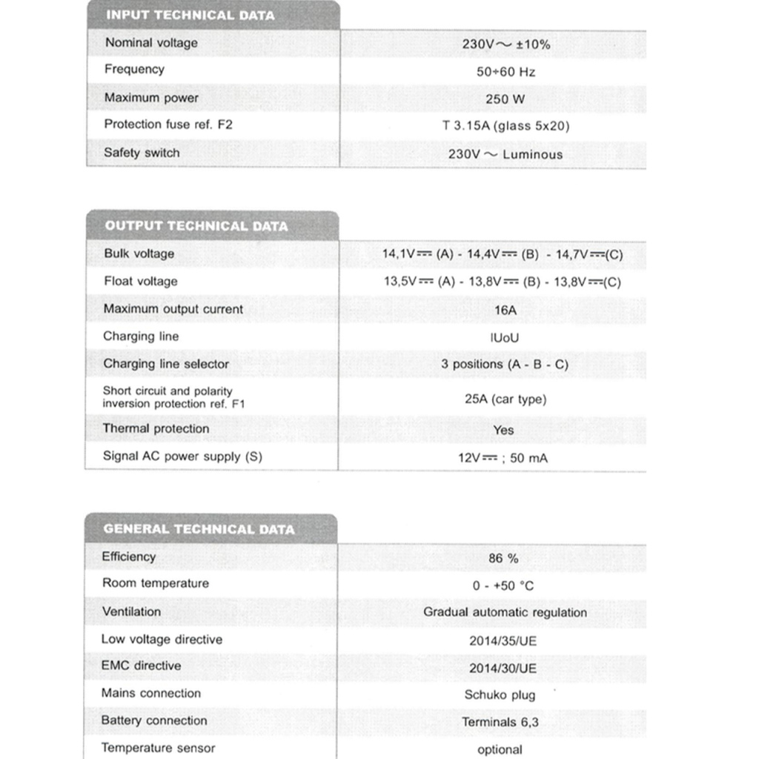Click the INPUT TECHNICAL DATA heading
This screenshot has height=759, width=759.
[x=190, y=15]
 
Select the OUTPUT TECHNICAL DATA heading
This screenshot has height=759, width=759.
[x=196, y=226]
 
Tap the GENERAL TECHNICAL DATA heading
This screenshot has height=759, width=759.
[x=199, y=529]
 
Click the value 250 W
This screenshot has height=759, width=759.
[x=506, y=99]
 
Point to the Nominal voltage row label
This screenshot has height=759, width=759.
[x=151, y=43]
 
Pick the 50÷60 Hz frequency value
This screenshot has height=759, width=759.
[x=506, y=72]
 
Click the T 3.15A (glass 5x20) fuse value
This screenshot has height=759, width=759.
[x=506, y=126]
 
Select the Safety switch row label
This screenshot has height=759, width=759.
[x=142, y=153]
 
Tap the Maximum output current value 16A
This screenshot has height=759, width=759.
[x=506, y=310]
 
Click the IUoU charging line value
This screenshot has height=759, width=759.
[x=504, y=338]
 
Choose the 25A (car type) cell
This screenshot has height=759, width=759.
[x=506, y=400]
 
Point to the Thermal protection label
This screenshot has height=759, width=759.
[x=156, y=428]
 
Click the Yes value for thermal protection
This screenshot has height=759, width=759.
[x=503, y=430]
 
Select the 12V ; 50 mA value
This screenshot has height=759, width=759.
[x=503, y=458]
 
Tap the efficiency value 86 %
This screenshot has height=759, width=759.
[x=503, y=558]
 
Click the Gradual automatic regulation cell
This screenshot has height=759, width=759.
[x=505, y=612]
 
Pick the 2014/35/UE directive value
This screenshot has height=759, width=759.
[x=503, y=641]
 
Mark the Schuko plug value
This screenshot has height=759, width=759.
[x=500, y=695]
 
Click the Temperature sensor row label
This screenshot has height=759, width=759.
[x=158, y=748]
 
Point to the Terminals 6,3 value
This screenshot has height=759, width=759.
[x=500, y=722]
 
